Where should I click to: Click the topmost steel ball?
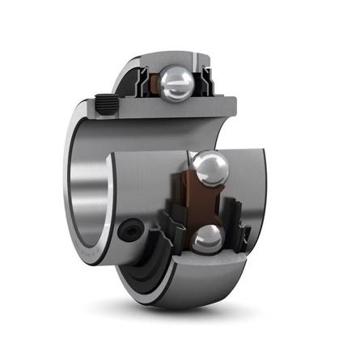[177, 83]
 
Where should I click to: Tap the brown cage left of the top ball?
[152, 84]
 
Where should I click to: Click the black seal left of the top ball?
[141, 81]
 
